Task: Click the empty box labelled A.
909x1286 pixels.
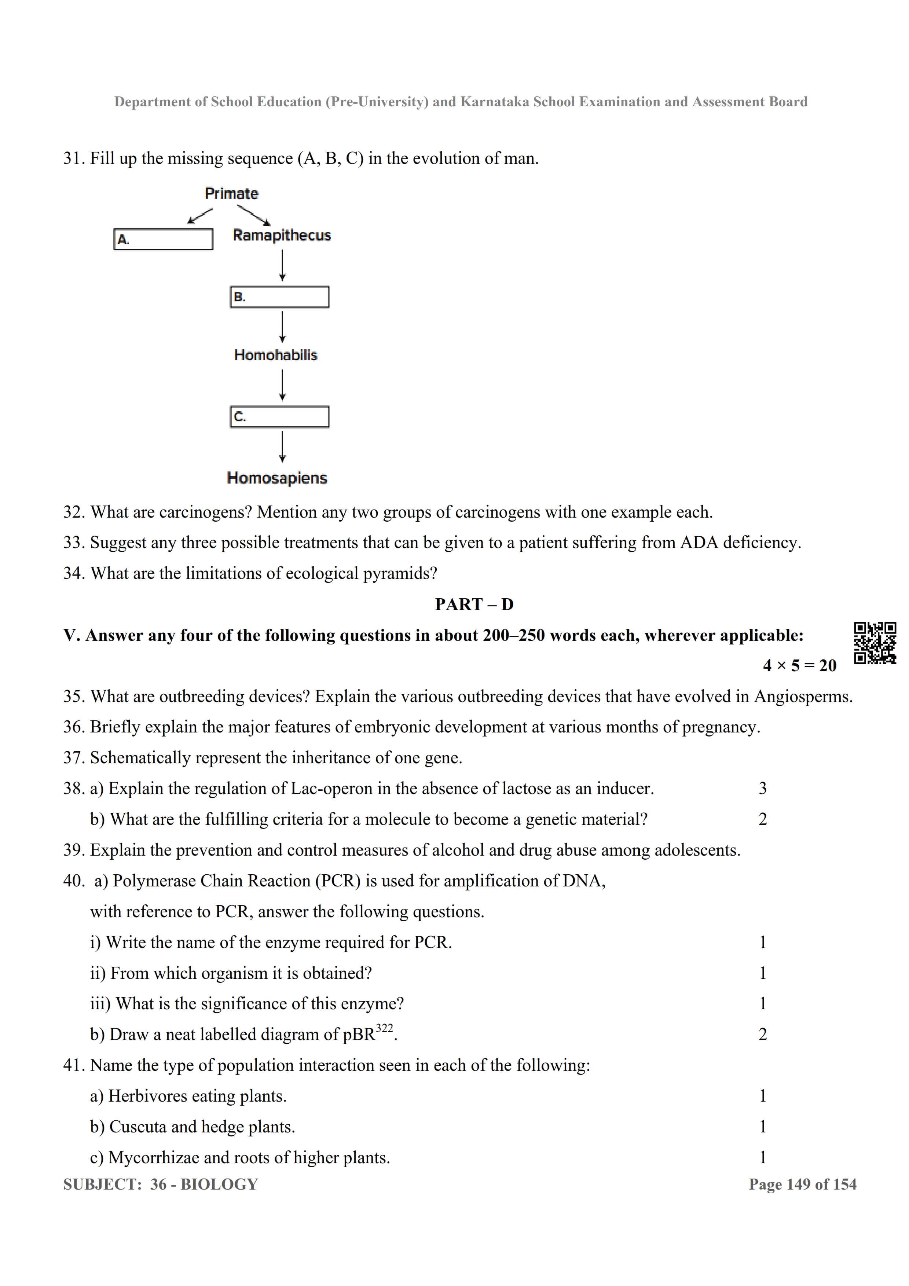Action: click(x=163, y=239)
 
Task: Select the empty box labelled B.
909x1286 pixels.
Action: click(x=279, y=297)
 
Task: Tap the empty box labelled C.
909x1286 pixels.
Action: click(x=279, y=417)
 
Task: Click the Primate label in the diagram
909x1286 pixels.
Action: click(x=231, y=194)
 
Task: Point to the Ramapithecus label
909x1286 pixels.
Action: click(x=282, y=235)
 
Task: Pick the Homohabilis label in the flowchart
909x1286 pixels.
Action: click(x=275, y=355)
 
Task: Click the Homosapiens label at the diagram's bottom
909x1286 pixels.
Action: click(x=277, y=478)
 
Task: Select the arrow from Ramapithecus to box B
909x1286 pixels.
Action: click(x=282, y=265)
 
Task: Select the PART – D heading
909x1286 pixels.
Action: click(x=474, y=605)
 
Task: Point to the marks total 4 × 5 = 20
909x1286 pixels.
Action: click(x=799, y=665)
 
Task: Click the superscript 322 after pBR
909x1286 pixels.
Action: click(x=384, y=1028)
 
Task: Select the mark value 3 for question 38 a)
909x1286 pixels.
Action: click(x=762, y=789)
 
